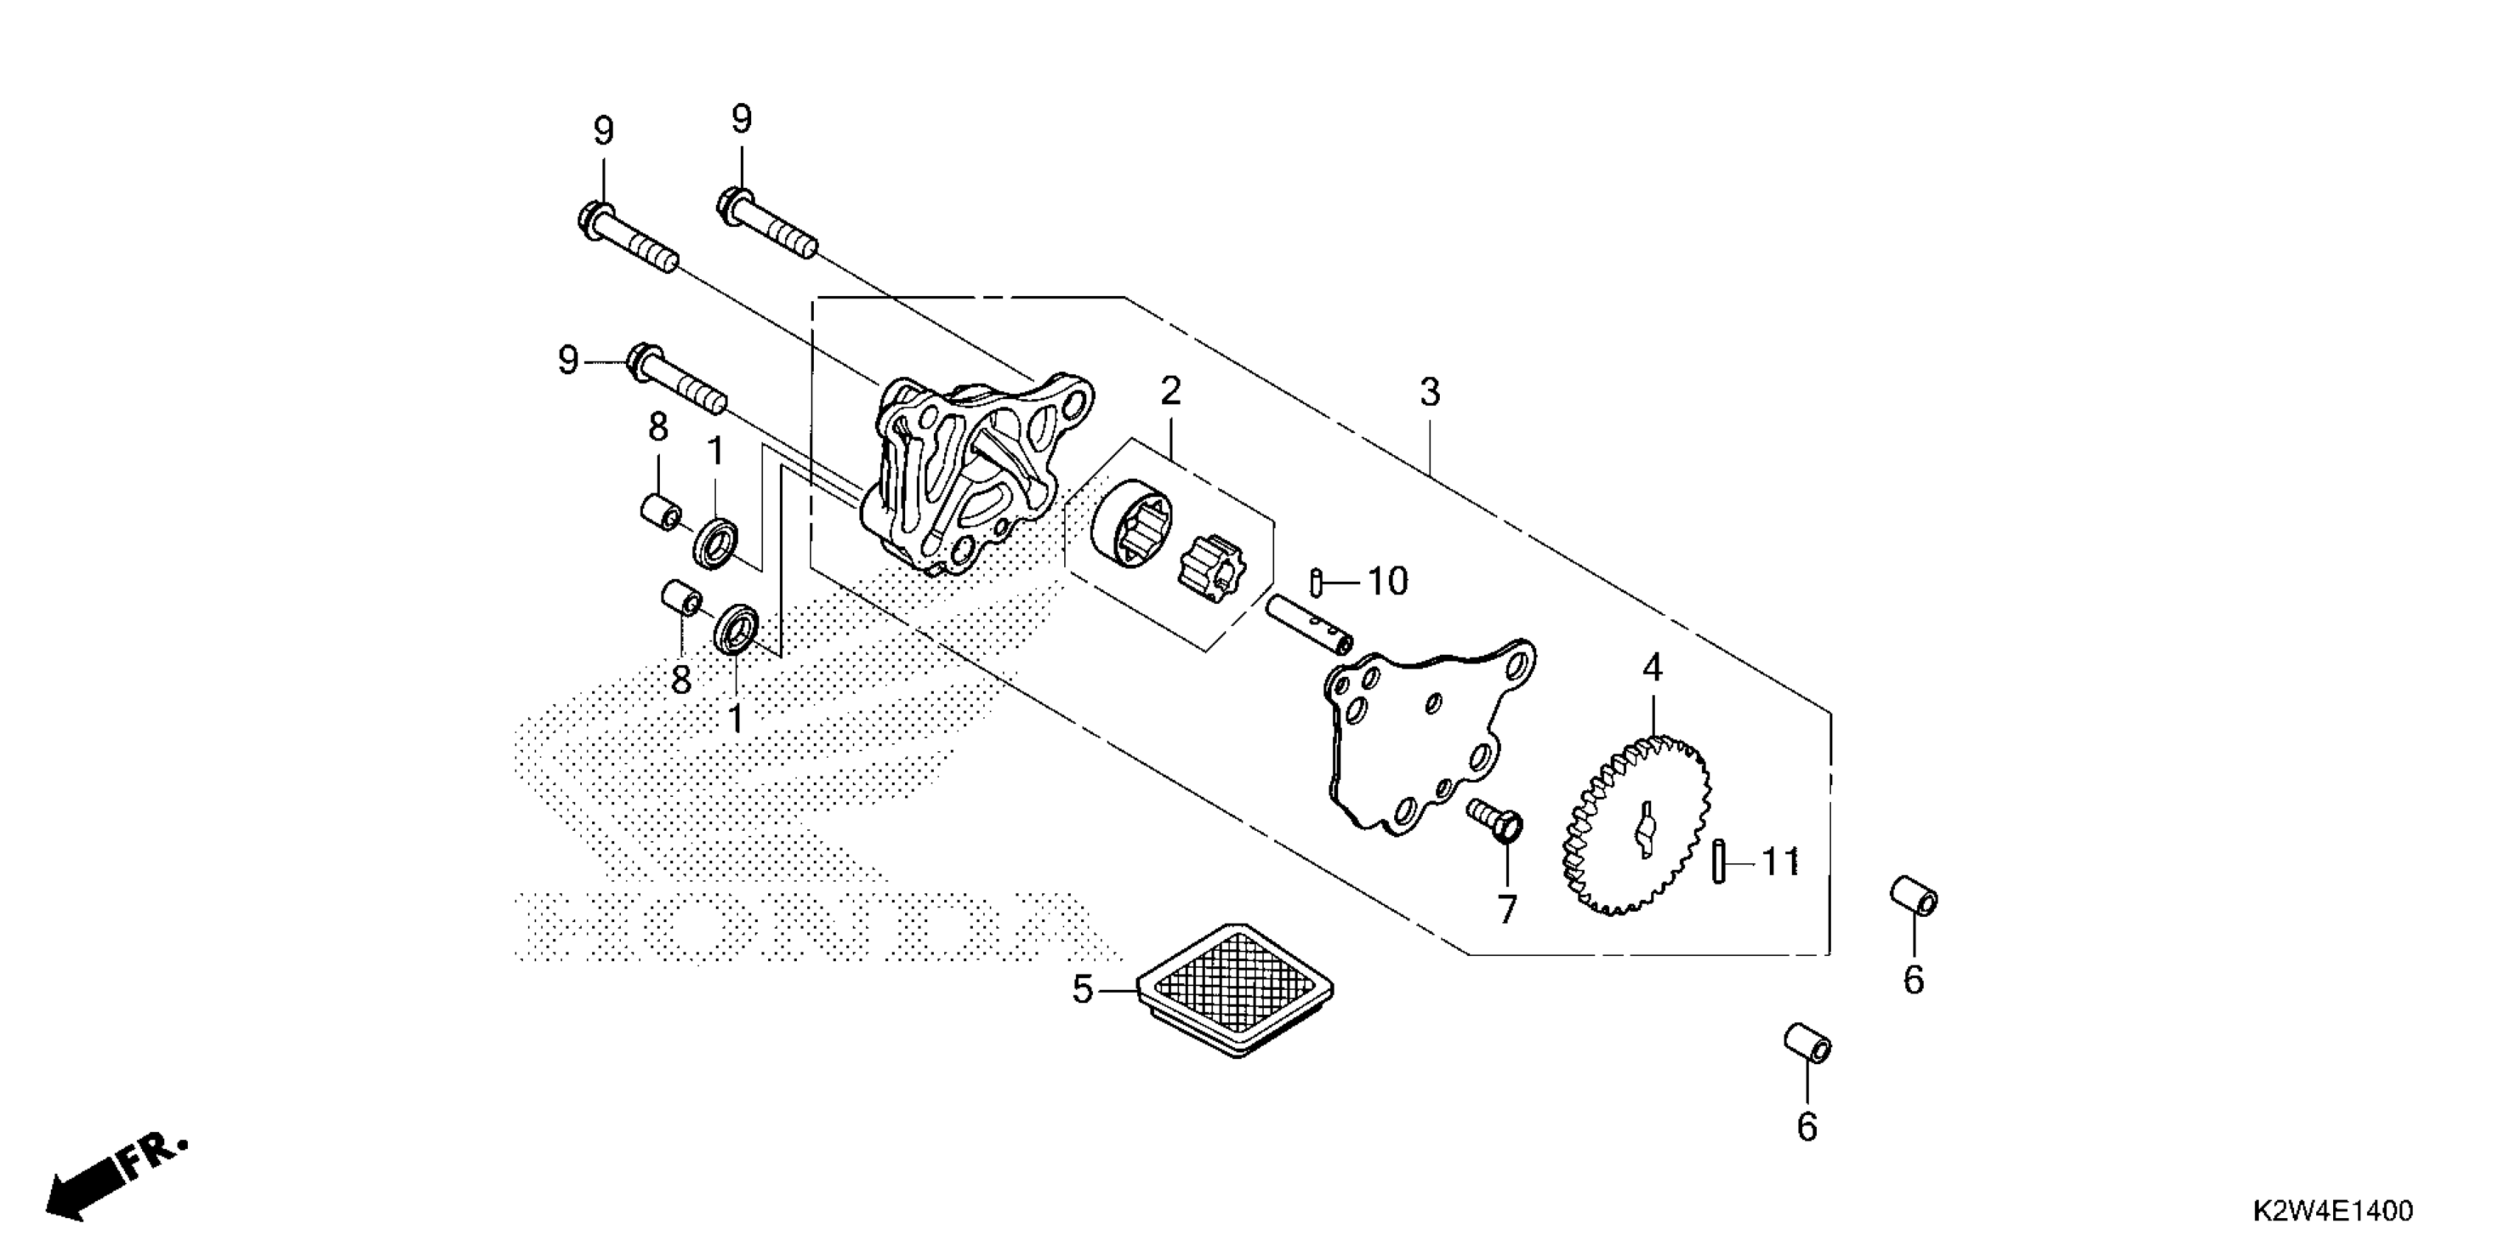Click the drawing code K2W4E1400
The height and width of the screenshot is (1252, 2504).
tap(2333, 1211)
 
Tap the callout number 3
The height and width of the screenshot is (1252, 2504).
tap(1429, 393)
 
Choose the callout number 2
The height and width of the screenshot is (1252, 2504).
tap(1170, 391)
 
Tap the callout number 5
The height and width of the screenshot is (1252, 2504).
tap(1083, 990)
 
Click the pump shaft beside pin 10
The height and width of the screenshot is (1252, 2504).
tap(1309, 630)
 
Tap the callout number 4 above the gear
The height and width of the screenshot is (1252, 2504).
tap(1653, 668)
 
